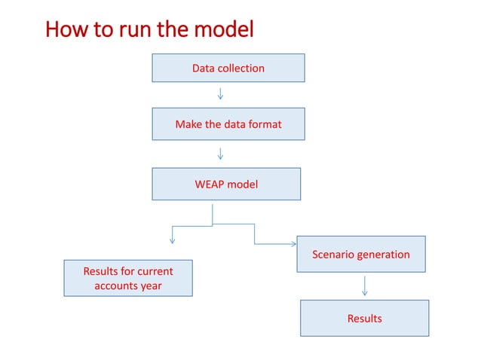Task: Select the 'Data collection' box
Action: [x=228, y=68]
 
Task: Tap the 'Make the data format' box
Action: [x=228, y=124]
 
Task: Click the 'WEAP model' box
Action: [x=226, y=184]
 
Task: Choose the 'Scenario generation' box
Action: [x=360, y=254]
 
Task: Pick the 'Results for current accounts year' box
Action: [x=127, y=278]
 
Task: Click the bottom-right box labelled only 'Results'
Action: [x=364, y=318]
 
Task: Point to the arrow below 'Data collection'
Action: [x=220, y=94]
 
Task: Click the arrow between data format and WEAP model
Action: [x=220, y=154]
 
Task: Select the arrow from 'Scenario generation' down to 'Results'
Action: [x=365, y=285]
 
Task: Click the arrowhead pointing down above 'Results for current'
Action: [x=173, y=239]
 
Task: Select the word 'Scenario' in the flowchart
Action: [x=335, y=254]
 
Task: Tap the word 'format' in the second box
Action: [x=264, y=124]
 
